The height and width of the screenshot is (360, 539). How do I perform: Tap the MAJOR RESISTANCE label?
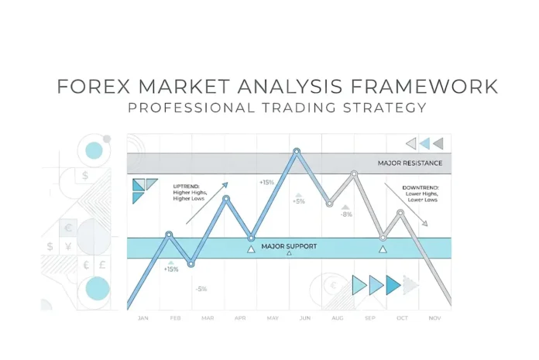tap(410, 163)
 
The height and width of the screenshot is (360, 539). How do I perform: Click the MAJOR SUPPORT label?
tap(289, 246)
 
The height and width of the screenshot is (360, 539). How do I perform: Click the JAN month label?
tap(142, 318)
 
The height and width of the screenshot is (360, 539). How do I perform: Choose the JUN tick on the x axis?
tap(305, 318)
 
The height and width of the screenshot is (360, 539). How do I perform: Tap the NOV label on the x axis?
tap(434, 318)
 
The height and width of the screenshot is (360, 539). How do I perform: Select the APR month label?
tap(239, 318)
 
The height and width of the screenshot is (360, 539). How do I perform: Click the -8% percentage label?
tap(345, 214)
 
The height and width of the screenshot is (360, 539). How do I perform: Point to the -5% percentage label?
tap(201, 289)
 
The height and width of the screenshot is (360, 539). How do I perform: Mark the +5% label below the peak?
tap(299, 201)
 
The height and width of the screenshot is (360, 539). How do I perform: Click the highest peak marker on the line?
tap(296, 152)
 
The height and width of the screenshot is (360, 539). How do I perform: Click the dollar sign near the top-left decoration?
tap(85, 176)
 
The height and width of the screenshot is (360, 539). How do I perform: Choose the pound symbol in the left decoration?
tap(103, 263)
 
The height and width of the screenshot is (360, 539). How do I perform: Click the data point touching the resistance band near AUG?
tap(355, 174)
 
